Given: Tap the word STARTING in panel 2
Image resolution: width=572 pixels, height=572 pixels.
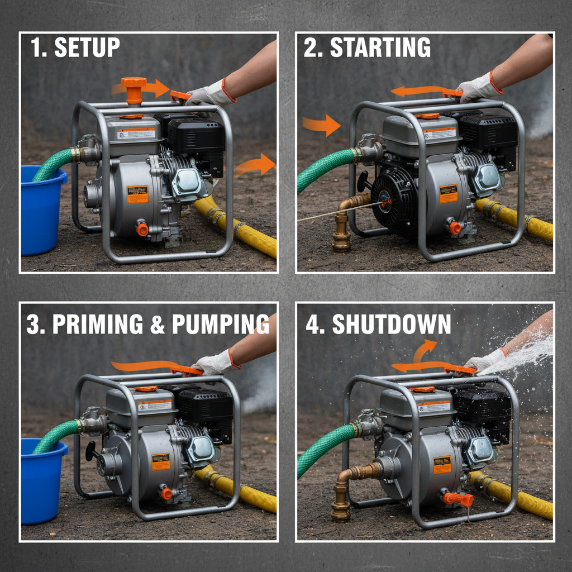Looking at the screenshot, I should point(380,48).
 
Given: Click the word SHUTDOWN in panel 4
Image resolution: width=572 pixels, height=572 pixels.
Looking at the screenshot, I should point(391,325).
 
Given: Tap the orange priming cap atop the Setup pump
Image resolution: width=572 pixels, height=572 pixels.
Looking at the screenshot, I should point(134,89).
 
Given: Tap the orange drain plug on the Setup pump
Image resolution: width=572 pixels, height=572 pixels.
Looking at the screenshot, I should point(142,228).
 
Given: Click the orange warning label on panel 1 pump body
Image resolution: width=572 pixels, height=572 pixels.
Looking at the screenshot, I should point(137,194).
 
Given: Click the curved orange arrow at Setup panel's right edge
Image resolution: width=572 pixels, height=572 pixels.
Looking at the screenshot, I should point(256,165).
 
